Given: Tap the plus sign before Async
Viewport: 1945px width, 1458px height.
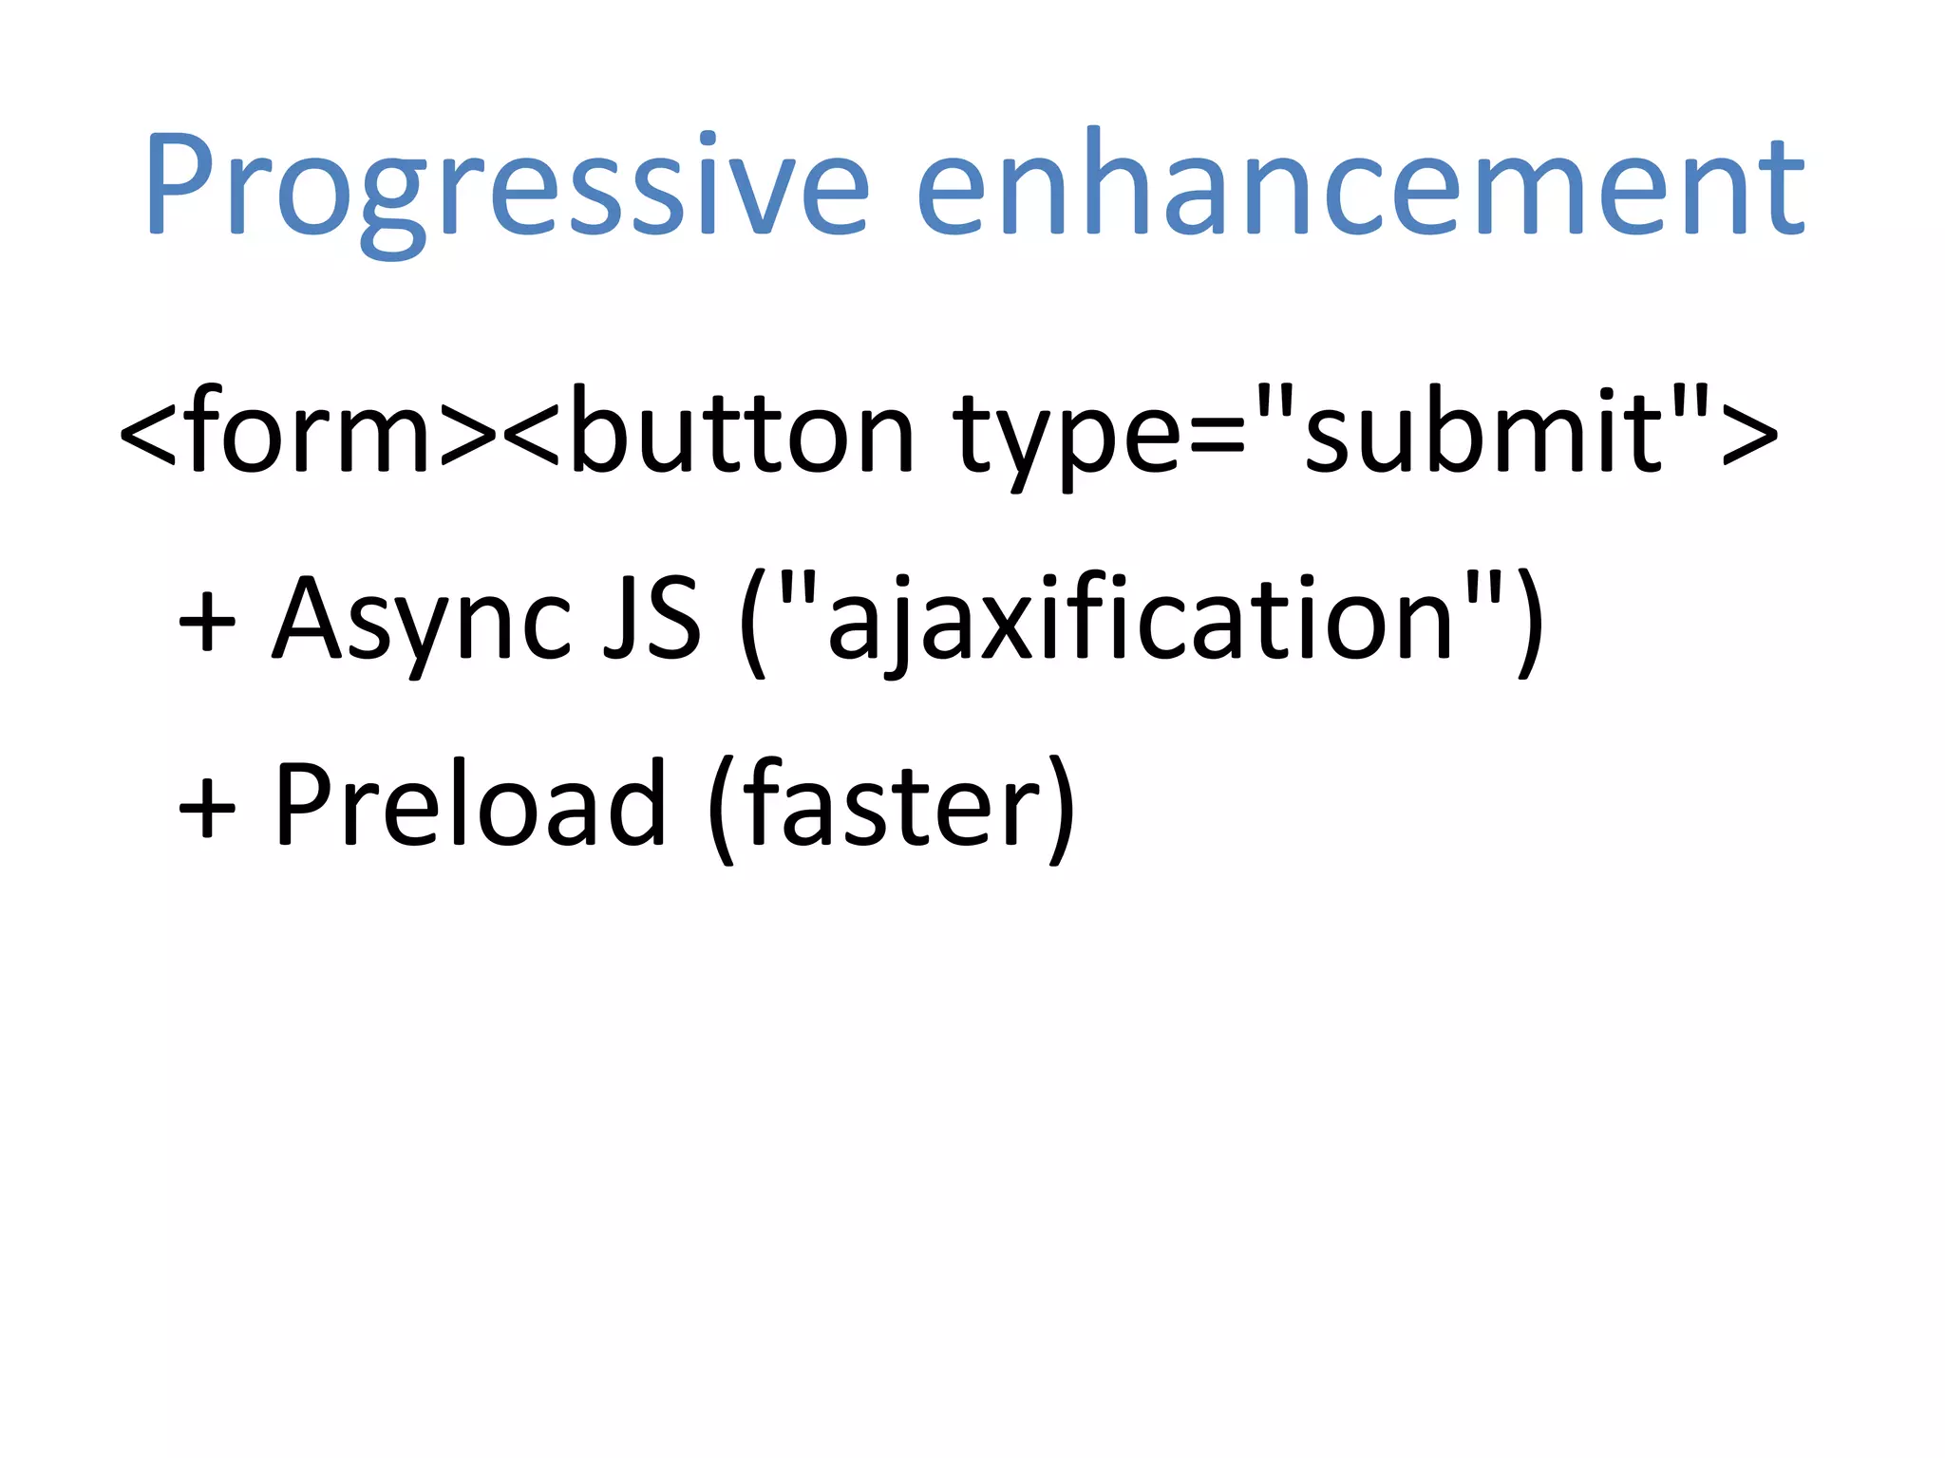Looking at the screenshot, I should (207, 622).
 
